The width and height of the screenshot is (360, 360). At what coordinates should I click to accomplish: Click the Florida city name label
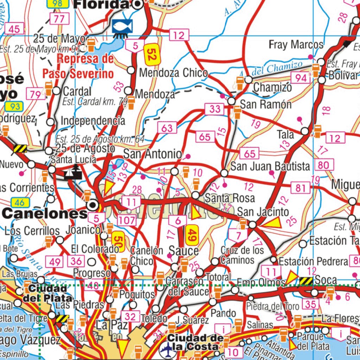click(x=101, y=4)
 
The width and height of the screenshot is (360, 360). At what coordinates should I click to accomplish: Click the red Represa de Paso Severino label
click(x=78, y=66)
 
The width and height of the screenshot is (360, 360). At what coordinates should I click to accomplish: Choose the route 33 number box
click(x=214, y=109)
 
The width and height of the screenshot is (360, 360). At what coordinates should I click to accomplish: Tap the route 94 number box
click(x=301, y=78)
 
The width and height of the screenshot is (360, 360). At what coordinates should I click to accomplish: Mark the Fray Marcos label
click(x=296, y=45)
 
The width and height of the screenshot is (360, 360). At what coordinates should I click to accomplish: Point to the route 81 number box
click(x=301, y=188)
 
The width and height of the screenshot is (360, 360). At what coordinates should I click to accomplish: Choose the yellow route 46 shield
click(x=20, y=202)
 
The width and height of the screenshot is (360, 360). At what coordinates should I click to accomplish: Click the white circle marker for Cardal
click(x=57, y=91)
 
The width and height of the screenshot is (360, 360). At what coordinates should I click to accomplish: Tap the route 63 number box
click(x=167, y=128)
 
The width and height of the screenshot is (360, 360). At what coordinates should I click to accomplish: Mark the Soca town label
click(x=326, y=280)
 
